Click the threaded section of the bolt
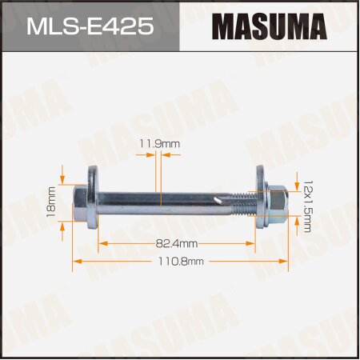click(x=246, y=199)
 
